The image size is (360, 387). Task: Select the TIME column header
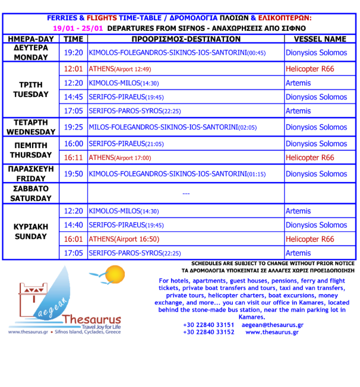point(74,39)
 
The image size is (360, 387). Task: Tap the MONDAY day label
point(30,58)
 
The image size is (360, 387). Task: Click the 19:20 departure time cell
point(74,53)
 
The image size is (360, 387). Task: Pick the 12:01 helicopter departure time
point(74,69)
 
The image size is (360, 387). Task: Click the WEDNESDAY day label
point(30,132)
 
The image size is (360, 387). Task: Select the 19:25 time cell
point(74,127)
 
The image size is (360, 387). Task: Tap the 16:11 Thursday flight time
point(74,158)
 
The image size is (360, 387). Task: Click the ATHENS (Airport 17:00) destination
point(120,158)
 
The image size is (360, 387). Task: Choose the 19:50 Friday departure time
point(74,174)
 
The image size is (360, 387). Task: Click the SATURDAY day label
point(30,199)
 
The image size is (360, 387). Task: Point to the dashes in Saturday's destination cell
point(185,194)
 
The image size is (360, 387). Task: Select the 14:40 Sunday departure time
point(74,225)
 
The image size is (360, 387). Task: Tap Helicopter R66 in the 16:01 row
point(310,240)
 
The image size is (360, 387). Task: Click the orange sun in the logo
point(116,275)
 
